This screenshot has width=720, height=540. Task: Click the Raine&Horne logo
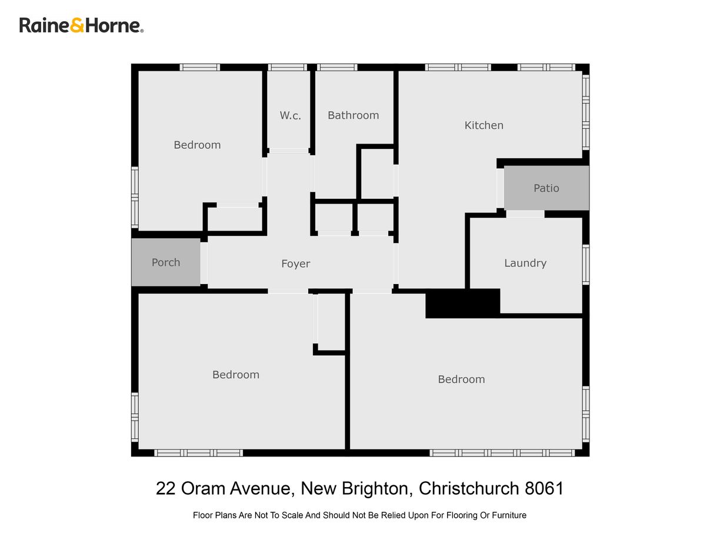(x=81, y=25)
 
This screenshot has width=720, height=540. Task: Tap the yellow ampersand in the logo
(x=77, y=25)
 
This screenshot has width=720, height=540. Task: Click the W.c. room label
(x=290, y=115)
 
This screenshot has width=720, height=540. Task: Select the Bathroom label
(x=353, y=115)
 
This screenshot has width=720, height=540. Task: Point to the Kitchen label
(x=484, y=125)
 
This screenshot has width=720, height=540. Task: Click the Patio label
(x=546, y=188)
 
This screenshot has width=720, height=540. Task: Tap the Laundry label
(x=525, y=264)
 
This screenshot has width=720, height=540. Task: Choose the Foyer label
(x=295, y=264)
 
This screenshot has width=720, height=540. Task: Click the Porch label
(x=166, y=262)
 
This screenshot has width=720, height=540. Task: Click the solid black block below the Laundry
(x=462, y=304)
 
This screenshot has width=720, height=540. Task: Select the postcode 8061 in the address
(x=544, y=488)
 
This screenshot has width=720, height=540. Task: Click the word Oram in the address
(x=202, y=488)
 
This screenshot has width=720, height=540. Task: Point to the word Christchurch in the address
(x=468, y=488)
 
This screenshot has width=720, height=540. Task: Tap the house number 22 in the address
(x=166, y=488)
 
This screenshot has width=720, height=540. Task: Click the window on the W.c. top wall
(x=287, y=67)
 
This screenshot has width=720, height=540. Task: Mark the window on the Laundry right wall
(x=585, y=264)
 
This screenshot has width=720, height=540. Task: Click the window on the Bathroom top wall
(x=337, y=67)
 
